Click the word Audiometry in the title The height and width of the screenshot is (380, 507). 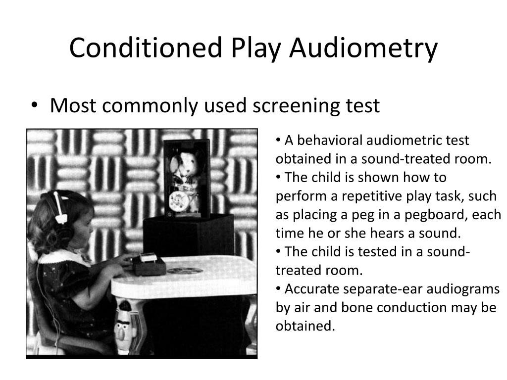pos(364,48)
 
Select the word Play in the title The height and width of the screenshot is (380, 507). pos(256,48)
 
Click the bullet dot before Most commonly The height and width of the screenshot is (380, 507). pos(34,105)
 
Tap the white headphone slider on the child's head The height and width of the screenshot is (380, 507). pos(60,207)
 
